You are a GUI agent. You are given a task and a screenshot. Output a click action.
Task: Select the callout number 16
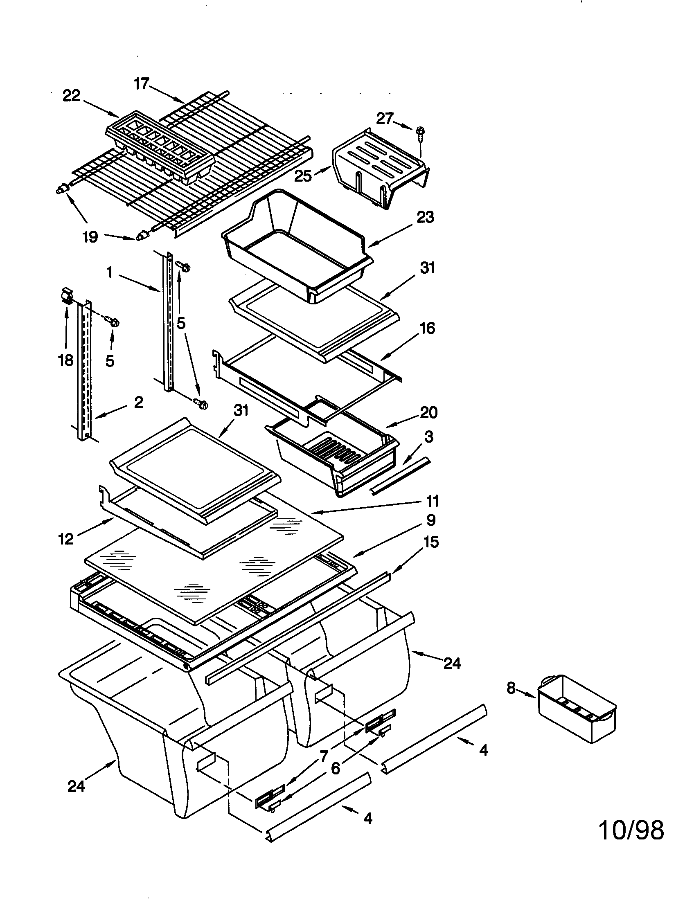pyautogui.click(x=427, y=328)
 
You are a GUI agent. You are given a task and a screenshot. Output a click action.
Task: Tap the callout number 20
pyautogui.click(x=428, y=412)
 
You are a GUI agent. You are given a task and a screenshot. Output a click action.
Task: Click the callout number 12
pyautogui.click(x=66, y=539)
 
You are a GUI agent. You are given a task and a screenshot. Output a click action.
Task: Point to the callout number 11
pyautogui.click(x=432, y=501)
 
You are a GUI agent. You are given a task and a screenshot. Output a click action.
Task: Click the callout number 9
pyautogui.click(x=430, y=520)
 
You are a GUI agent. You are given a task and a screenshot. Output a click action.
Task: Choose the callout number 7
pyautogui.click(x=324, y=756)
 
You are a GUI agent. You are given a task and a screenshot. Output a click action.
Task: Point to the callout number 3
pyautogui.click(x=429, y=437)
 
